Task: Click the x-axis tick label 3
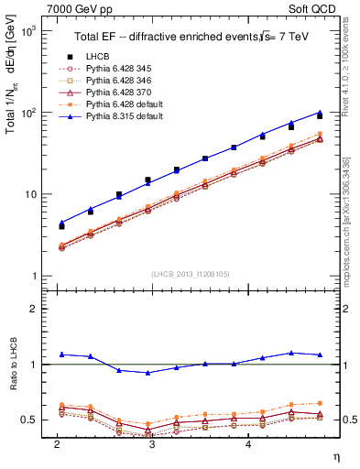(x=152, y=443)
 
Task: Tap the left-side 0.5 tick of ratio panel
(x=30, y=420)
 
